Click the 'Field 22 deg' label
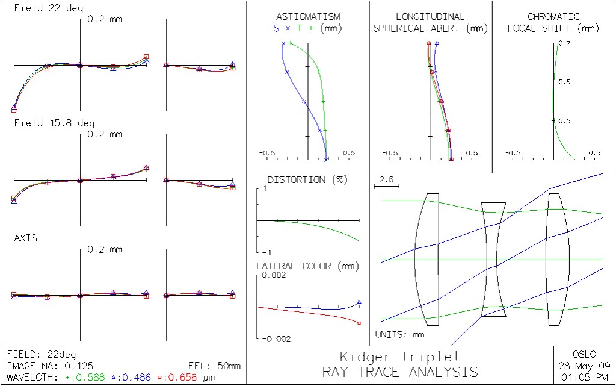(49, 9)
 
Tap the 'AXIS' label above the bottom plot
(26, 238)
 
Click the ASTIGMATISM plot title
(307, 17)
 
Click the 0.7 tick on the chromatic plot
(564, 43)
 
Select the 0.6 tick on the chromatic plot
(564, 82)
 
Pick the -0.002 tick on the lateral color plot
(277, 339)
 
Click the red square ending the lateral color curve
(359, 323)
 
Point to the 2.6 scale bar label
(387, 179)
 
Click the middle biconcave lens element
(494, 260)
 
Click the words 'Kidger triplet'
(399, 356)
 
